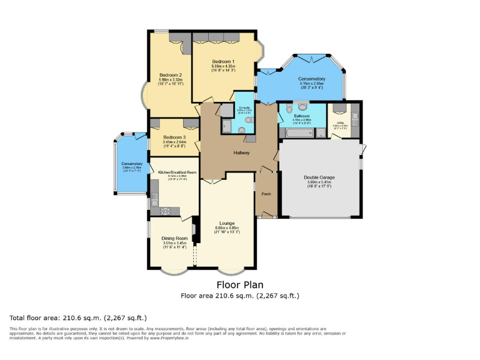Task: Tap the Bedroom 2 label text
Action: pyautogui.click(x=170, y=75)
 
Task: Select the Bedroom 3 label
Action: pyautogui.click(x=174, y=137)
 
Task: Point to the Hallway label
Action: pyautogui.click(x=242, y=152)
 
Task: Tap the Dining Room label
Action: pyautogui.click(x=175, y=238)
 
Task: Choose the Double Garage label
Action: pyautogui.click(x=319, y=177)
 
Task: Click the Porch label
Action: pyautogui.click(x=266, y=193)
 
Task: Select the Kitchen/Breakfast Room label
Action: pyautogui.click(x=177, y=172)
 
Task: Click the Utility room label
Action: pyautogui.click(x=341, y=122)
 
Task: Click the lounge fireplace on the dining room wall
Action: pyautogui.click(x=195, y=231)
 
